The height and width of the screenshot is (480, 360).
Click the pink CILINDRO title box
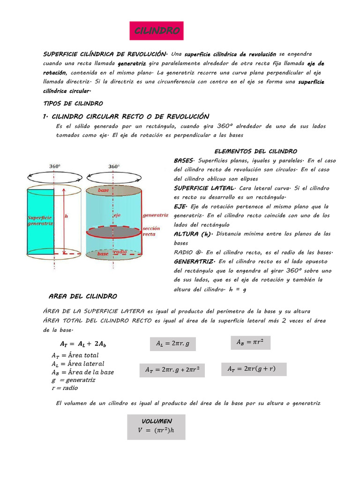click(157, 31)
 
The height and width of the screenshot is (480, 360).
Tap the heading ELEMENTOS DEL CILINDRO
click(255, 151)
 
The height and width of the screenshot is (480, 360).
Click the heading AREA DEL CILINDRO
click(83, 296)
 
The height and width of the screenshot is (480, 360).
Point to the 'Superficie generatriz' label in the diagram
click(40, 221)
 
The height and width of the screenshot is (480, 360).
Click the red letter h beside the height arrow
click(66, 216)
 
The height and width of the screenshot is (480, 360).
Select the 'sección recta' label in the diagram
click(151, 231)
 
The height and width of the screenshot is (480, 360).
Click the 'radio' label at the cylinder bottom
click(120, 252)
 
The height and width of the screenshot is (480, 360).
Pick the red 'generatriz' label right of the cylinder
click(155, 215)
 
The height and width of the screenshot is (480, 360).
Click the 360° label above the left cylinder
click(55, 166)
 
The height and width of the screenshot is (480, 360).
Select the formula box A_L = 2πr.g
click(172, 344)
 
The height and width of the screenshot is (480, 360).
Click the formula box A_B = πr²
click(251, 343)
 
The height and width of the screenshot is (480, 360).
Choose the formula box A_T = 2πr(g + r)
click(254, 369)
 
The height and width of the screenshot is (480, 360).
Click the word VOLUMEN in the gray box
click(157, 421)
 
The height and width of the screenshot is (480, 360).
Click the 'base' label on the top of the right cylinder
click(104, 190)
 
